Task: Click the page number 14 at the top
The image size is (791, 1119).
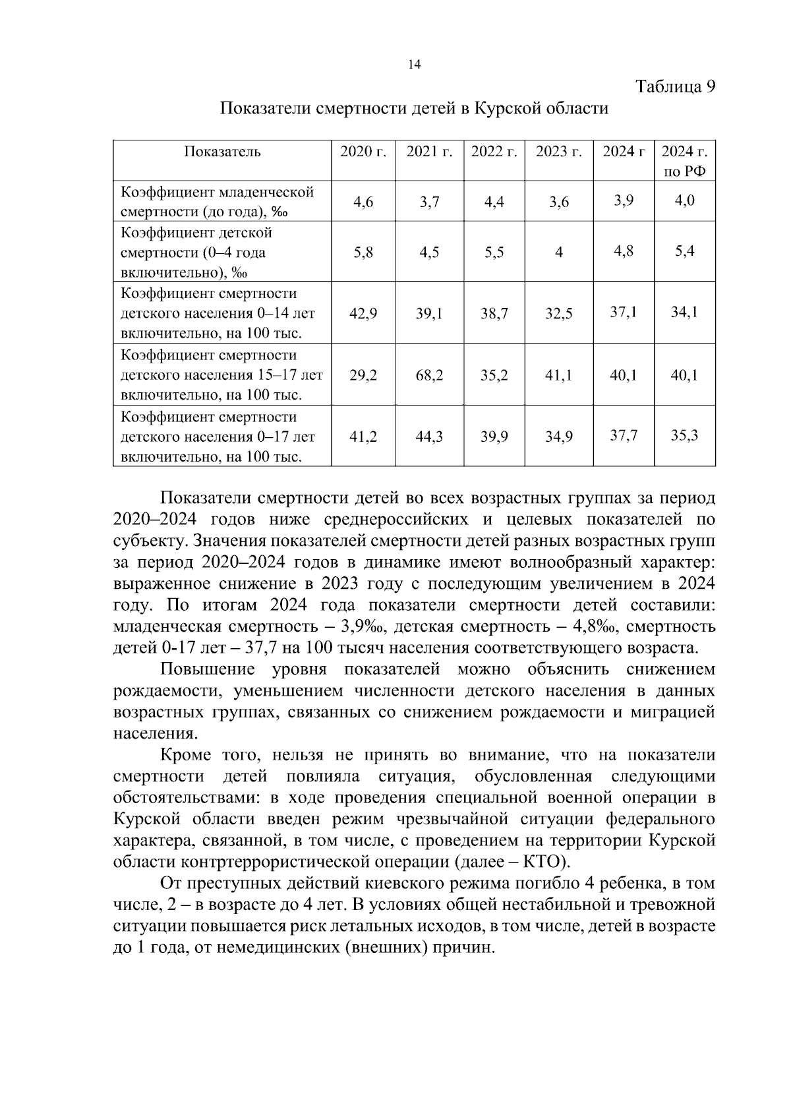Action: tap(414, 64)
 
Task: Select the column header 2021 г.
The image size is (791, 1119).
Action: tap(429, 152)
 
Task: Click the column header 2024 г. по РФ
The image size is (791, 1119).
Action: tap(684, 161)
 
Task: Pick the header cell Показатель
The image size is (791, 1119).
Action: tap(222, 152)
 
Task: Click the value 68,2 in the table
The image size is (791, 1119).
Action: tap(429, 375)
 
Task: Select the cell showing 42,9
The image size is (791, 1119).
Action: tap(363, 314)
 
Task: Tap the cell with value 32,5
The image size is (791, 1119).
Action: tap(558, 314)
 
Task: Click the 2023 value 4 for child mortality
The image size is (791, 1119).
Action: tap(558, 253)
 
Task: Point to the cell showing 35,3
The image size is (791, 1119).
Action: tap(684, 435)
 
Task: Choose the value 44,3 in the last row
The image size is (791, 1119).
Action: tap(429, 437)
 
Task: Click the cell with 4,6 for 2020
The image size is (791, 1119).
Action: tap(363, 202)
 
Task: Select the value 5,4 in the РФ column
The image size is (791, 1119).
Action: tap(684, 251)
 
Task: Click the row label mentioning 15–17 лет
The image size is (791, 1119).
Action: tap(222, 376)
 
